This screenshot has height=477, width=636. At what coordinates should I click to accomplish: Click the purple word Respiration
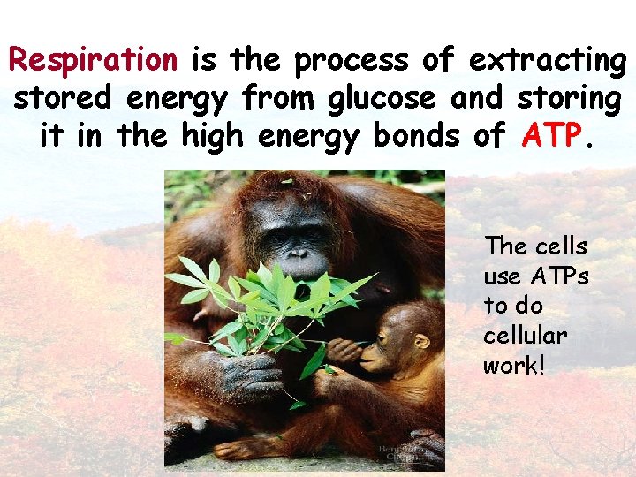coord(93,60)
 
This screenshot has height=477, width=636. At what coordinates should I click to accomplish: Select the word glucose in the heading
coord(382,98)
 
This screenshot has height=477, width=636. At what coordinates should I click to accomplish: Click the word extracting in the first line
coord(547,60)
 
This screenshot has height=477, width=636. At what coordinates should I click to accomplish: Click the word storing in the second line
coord(567,98)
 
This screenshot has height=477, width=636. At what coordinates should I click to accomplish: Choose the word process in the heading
coord(352,60)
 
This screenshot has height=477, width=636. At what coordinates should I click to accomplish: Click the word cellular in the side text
coord(525,336)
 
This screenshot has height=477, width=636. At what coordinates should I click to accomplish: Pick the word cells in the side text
coord(561,246)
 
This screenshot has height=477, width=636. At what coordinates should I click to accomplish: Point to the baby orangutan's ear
coord(421,340)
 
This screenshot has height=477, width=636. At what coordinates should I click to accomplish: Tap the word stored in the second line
coord(56,98)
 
